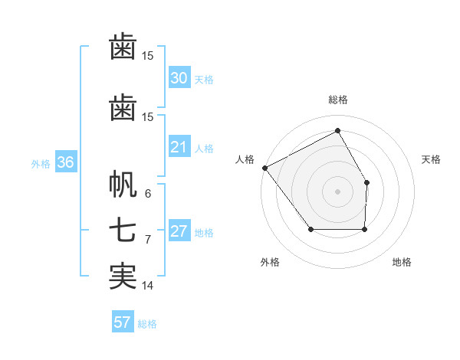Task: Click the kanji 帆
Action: (x=123, y=185)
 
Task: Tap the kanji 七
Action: (x=123, y=231)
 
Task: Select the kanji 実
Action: (x=123, y=277)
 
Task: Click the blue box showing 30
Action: (x=179, y=78)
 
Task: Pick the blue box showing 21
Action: (x=179, y=147)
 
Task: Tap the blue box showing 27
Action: (x=179, y=231)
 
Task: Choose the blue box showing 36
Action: (x=65, y=162)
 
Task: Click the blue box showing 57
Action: (x=122, y=322)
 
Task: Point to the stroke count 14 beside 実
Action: (x=148, y=286)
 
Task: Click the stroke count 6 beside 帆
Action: (x=148, y=194)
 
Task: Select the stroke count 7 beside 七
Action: (x=148, y=240)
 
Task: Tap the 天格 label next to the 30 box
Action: (x=204, y=80)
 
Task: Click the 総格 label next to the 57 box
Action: (x=147, y=324)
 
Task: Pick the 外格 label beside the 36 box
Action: (x=41, y=164)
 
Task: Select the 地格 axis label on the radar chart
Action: (x=402, y=262)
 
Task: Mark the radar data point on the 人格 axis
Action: (x=264, y=168)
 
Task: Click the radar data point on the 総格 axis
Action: (x=337, y=130)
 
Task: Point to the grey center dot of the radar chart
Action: (x=337, y=191)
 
